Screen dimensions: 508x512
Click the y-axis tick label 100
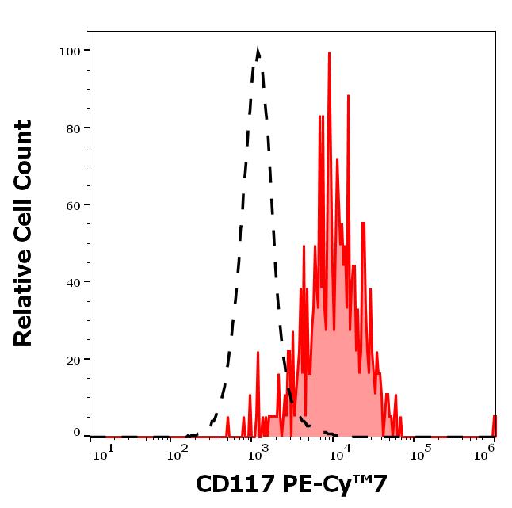pos(70,52)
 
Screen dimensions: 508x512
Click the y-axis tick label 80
pos(73,128)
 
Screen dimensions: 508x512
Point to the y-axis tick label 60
pos(73,205)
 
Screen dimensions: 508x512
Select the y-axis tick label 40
pos(73,282)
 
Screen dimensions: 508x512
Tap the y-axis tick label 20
pos(73,359)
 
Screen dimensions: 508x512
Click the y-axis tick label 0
pos(77,433)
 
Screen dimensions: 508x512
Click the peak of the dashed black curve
pos(258,51)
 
